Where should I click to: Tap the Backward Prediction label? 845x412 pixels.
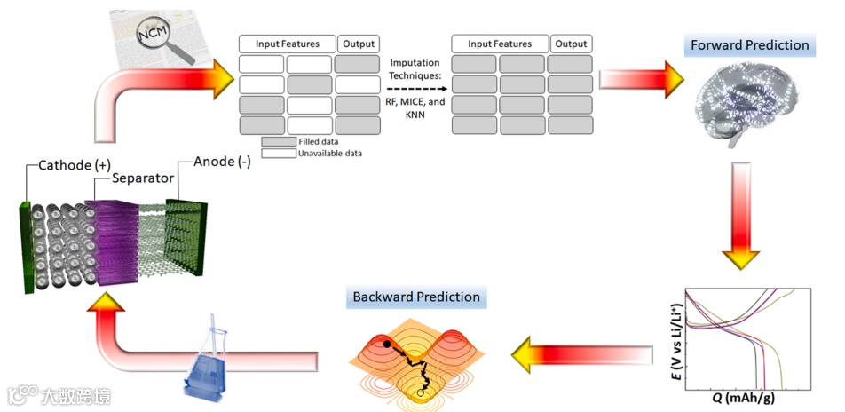point(416,297)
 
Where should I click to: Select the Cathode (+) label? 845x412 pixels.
point(75,165)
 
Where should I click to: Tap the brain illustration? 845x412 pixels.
point(747,107)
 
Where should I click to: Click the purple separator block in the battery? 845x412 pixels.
point(114,239)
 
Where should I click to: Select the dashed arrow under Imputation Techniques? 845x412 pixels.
point(414,88)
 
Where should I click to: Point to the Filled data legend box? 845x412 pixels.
point(279,141)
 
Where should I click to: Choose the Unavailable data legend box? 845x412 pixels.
point(279,154)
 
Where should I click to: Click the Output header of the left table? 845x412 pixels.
point(359,44)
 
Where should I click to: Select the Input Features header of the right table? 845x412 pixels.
point(500,44)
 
